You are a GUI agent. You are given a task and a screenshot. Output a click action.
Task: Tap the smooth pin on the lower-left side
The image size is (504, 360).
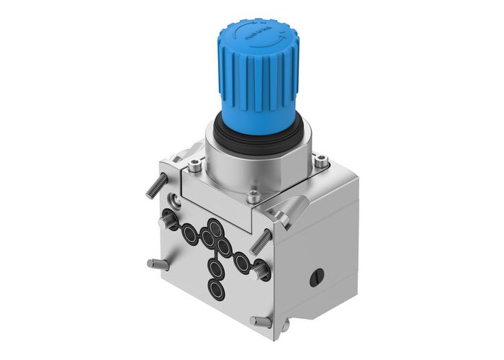(x=157, y=264)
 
